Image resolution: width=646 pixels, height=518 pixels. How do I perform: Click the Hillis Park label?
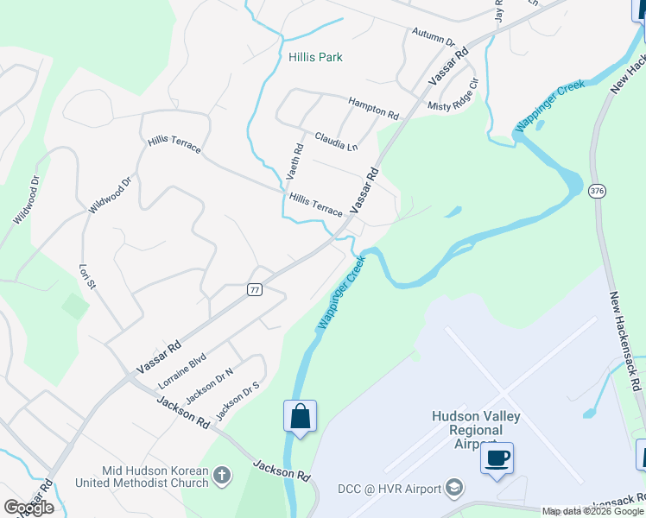click(x=315, y=57)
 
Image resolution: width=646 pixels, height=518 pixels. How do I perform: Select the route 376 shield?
click(x=597, y=189)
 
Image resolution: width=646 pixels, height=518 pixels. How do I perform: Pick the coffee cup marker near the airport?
click(x=497, y=458)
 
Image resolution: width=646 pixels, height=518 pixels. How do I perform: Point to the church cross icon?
click(x=222, y=475)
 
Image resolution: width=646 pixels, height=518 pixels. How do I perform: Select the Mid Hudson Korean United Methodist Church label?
click(x=155, y=477)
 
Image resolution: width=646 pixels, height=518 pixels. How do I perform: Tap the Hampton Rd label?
click(x=373, y=108)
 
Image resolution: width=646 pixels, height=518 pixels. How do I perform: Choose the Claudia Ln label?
click(x=336, y=141)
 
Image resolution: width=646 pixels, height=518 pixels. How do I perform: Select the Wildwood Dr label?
click(x=109, y=195)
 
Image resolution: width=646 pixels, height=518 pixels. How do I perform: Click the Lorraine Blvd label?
click(x=182, y=369)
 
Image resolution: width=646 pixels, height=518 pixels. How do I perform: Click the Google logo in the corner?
click(x=28, y=507)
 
